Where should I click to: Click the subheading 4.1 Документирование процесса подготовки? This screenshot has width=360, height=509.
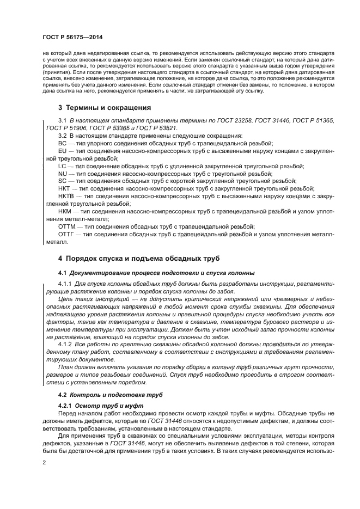click(155, 272)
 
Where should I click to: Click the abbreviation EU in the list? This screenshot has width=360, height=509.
click(62, 150)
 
